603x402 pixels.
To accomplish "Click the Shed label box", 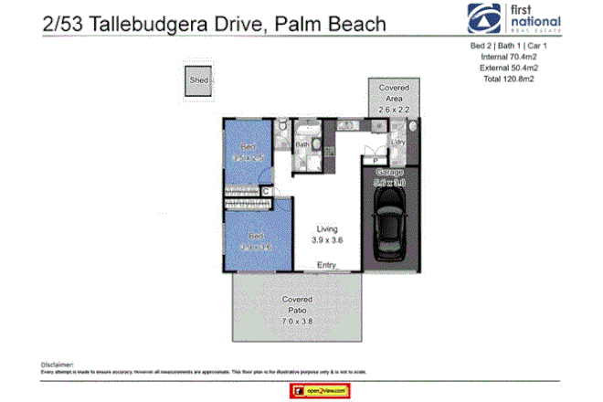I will pos(198,80).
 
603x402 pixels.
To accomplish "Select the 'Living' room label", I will pos(326,228).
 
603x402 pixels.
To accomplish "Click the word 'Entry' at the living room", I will pos(326,266).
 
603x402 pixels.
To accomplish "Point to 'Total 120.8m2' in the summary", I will pos(509,78).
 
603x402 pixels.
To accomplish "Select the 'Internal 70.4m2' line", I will pos(509,56).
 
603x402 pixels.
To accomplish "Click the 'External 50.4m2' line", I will pos(509,67).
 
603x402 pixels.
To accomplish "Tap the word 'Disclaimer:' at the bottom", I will pos(57,363).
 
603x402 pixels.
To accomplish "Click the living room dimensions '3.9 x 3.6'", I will pos(326,240).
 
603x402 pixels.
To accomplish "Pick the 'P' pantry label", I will pos(375,162).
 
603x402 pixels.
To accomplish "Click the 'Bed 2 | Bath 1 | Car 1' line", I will pos(509,45).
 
